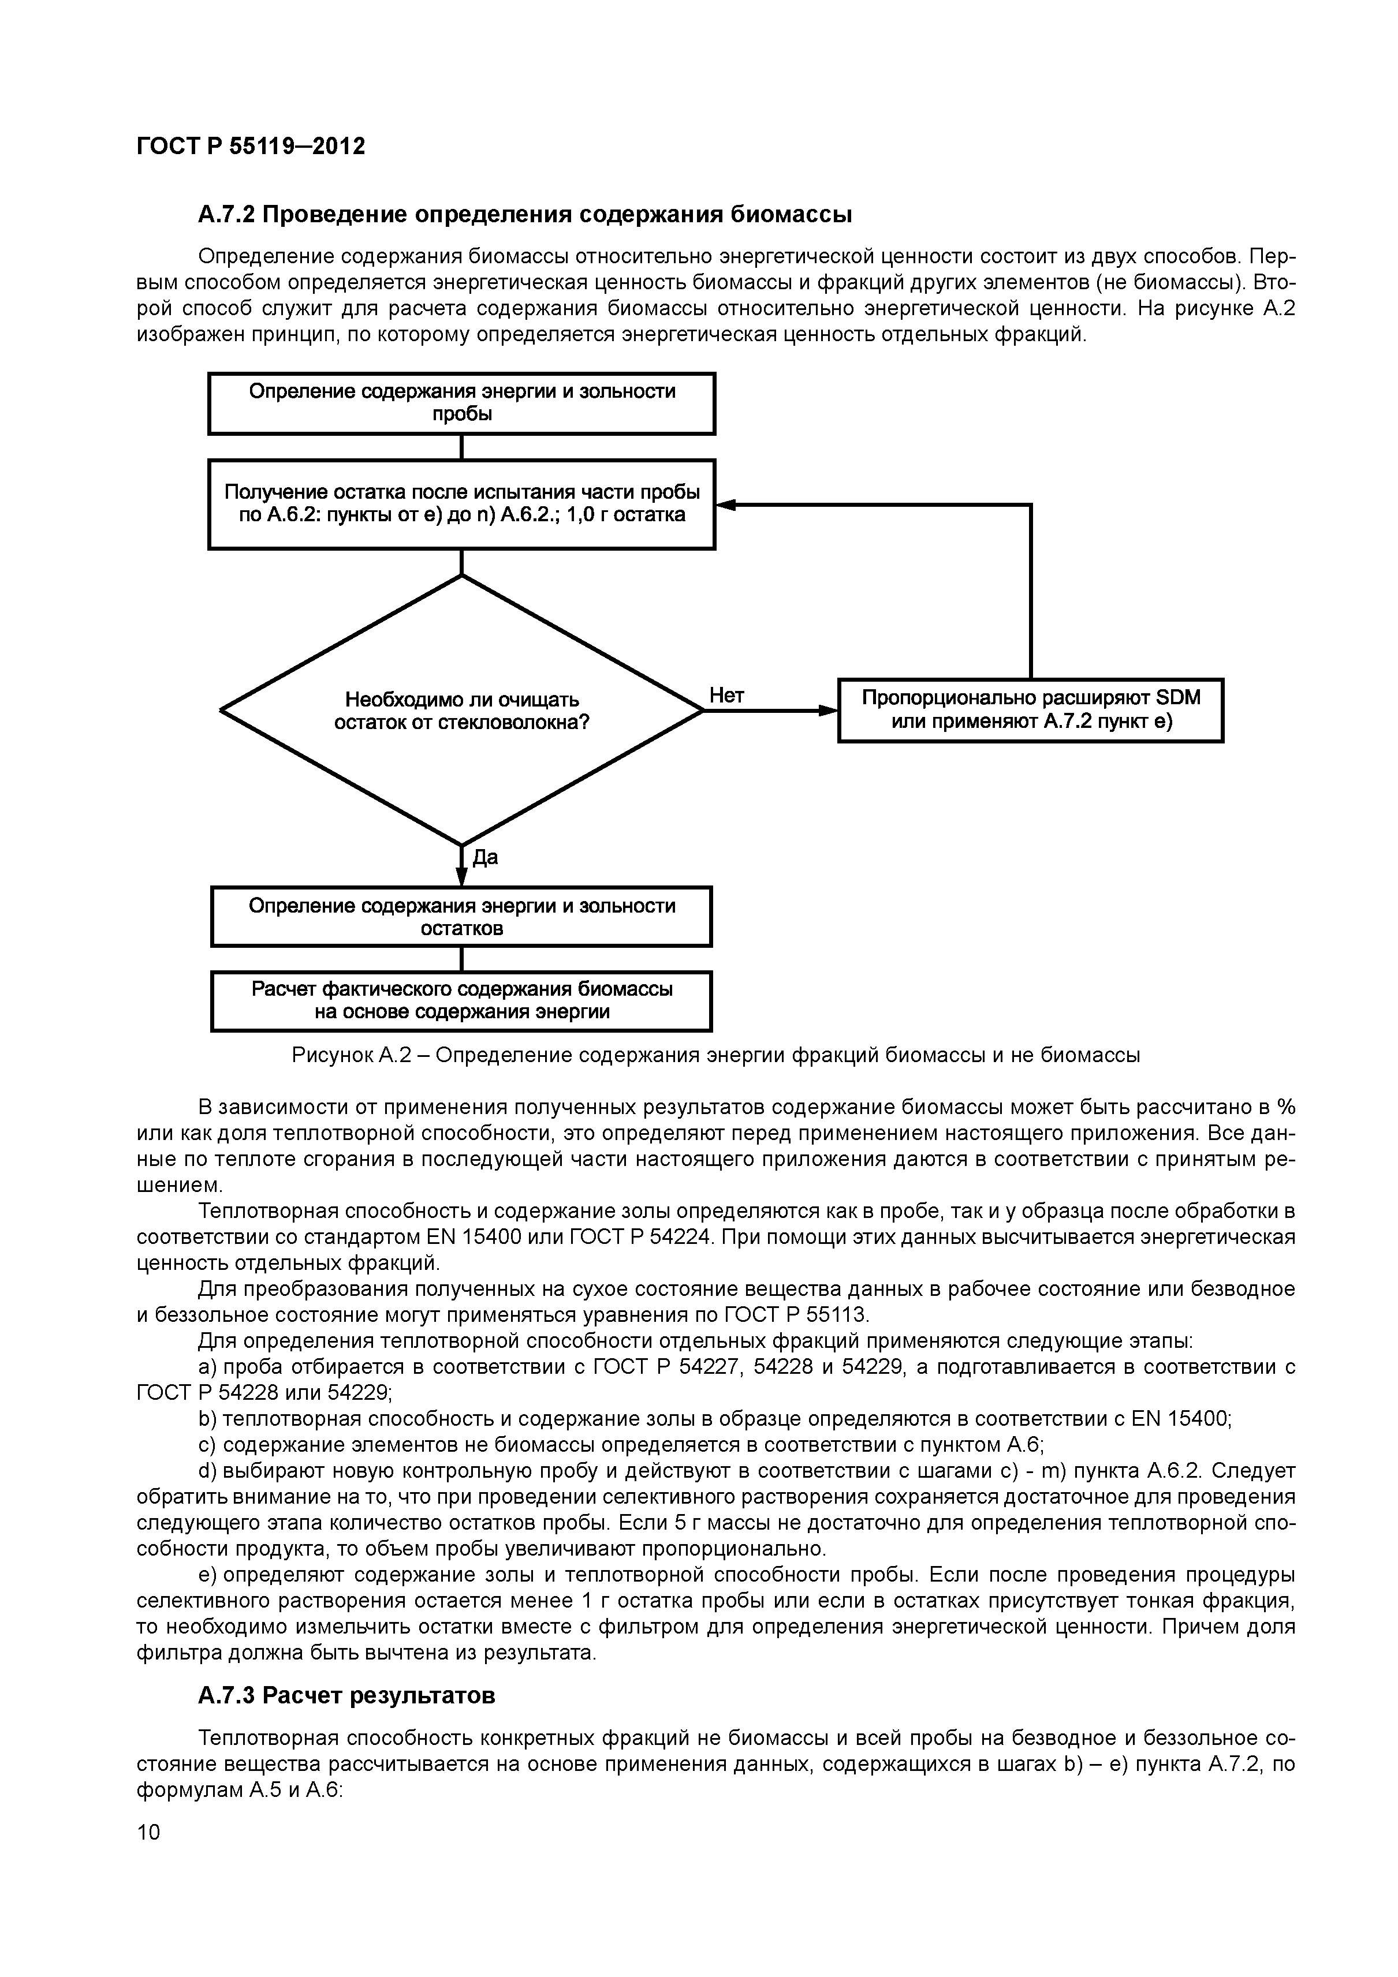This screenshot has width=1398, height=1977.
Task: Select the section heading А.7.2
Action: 524,214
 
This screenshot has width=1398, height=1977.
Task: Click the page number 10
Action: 148,1832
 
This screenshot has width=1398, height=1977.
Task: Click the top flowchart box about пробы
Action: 462,403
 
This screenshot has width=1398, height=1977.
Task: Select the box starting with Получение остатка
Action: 462,504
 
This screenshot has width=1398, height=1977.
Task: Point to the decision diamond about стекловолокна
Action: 462,711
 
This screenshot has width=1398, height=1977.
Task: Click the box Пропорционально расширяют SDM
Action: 1030,711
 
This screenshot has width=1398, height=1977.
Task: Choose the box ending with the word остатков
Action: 462,916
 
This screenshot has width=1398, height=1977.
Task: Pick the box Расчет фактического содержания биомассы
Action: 462,1000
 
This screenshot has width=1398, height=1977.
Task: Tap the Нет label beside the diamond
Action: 726,696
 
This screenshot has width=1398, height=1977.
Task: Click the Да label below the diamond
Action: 485,858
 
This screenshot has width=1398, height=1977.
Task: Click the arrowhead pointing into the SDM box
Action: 829,711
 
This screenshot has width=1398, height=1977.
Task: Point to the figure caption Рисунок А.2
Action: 715,1055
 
